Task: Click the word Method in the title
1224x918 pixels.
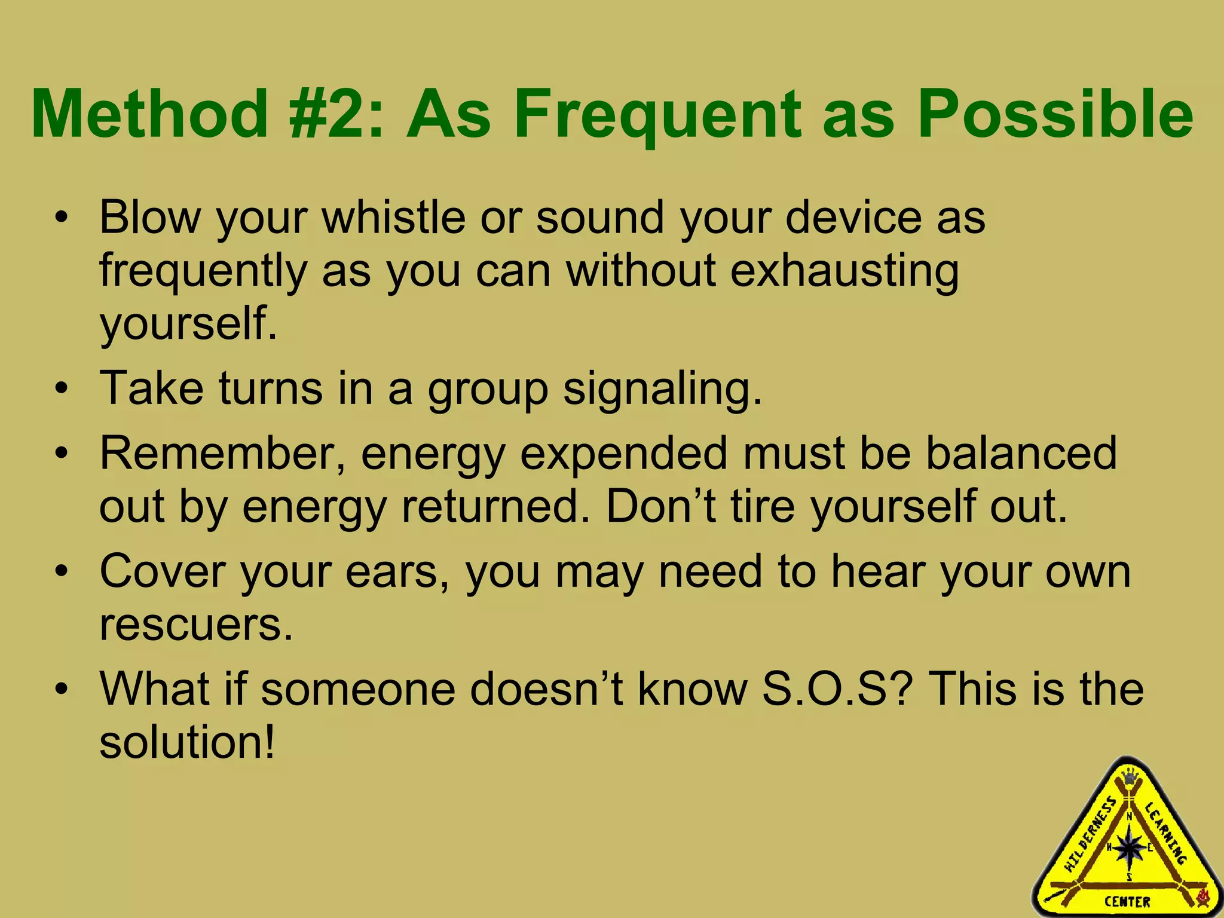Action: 149,114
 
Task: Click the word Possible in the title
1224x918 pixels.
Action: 1055,114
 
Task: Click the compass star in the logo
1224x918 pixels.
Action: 1129,847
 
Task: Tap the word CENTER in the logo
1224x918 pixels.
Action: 1127,902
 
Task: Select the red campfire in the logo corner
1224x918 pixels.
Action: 1202,895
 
